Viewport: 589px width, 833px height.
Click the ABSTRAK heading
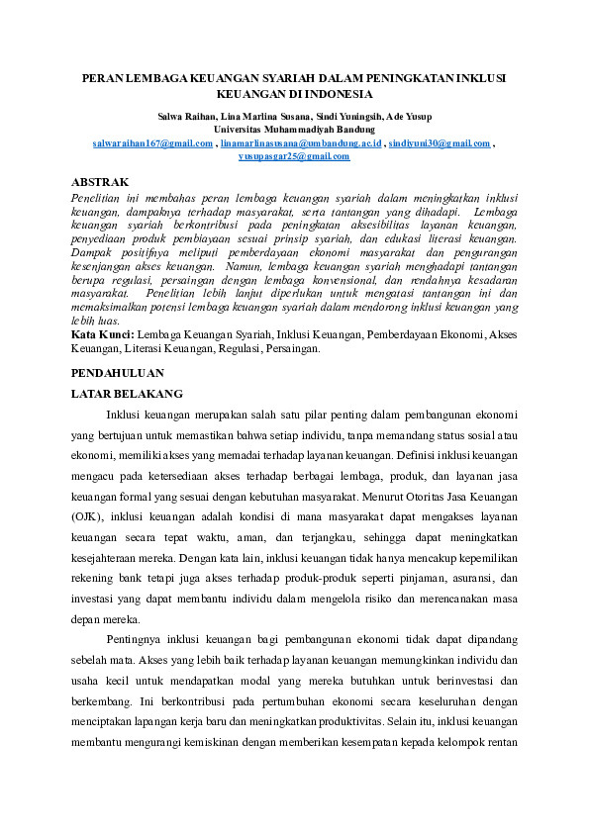pos(101,182)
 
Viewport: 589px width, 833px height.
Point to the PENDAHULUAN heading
pos(118,374)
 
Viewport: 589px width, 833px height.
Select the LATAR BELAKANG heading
pos(122,394)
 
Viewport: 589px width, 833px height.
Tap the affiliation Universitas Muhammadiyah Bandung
pos(294,130)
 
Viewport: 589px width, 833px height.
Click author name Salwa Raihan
pos(192,117)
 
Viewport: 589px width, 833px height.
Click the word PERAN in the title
pos(102,77)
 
